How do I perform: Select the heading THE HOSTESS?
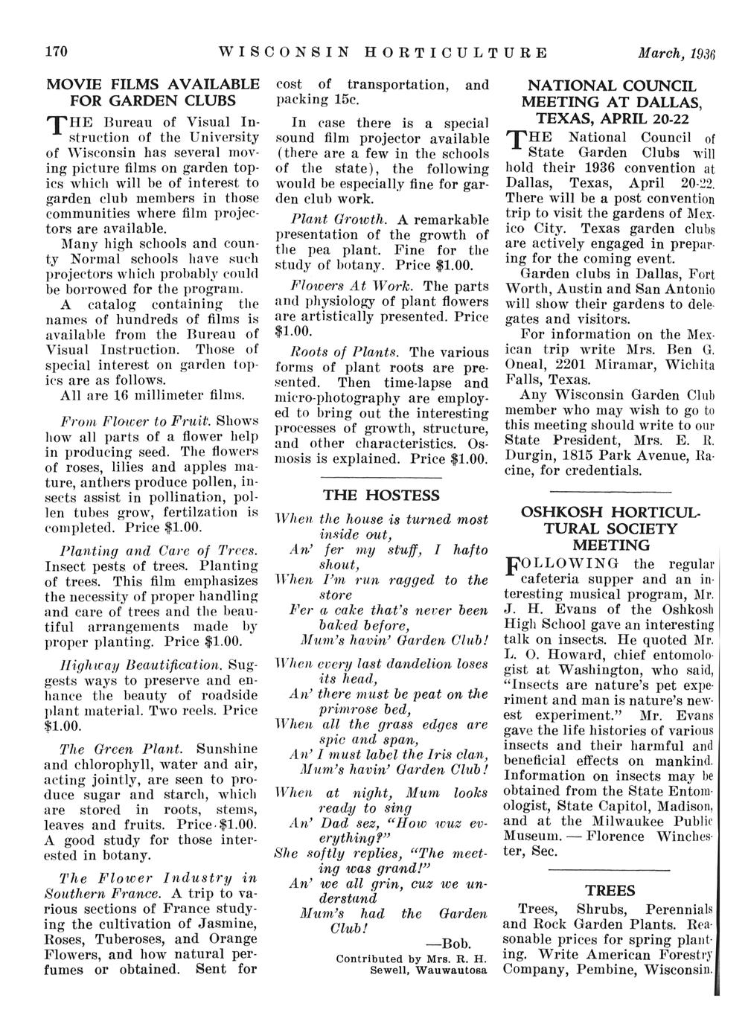point(382,496)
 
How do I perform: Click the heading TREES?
point(610,891)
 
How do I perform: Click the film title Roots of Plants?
point(337,351)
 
